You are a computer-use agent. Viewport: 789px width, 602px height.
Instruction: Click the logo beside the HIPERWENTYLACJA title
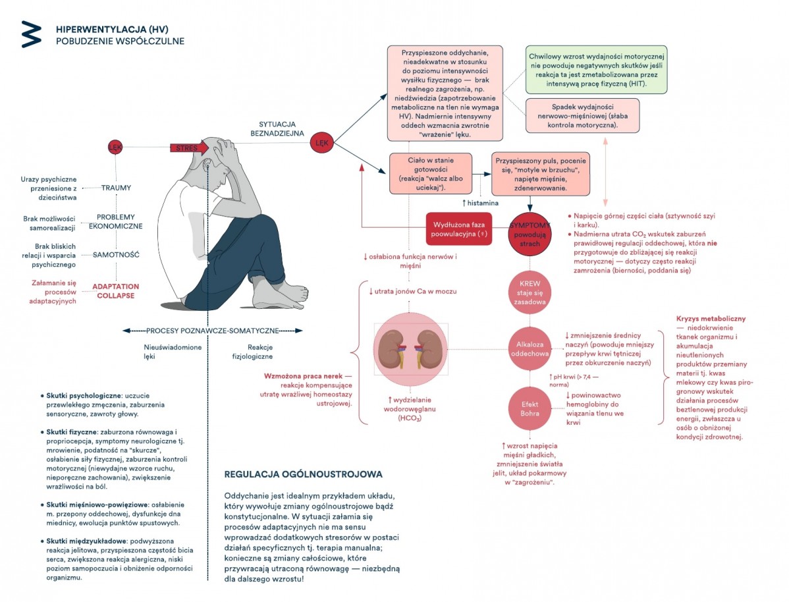(x=31, y=35)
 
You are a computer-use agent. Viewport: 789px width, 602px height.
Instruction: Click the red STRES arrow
(x=189, y=148)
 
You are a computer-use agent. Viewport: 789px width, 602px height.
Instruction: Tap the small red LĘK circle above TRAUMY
(x=115, y=148)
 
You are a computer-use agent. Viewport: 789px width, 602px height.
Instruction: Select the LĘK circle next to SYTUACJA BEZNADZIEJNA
(x=321, y=142)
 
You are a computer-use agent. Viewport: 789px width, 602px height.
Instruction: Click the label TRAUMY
(x=116, y=188)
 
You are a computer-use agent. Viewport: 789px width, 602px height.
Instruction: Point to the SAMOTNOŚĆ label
(x=116, y=255)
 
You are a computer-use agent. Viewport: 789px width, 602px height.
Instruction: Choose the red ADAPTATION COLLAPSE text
(x=115, y=291)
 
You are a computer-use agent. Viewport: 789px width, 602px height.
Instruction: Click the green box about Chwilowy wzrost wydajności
(x=596, y=70)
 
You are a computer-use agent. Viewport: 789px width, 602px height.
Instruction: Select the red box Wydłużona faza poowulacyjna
(x=458, y=229)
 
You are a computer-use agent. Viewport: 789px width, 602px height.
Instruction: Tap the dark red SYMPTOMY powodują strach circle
(x=530, y=234)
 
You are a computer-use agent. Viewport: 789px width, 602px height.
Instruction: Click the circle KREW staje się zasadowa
(x=530, y=292)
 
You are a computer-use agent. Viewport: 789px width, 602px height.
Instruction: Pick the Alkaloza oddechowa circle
(x=530, y=349)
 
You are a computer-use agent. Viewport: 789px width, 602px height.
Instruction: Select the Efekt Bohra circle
(x=530, y=408)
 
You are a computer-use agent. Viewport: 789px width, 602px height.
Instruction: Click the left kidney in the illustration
(x=392, y=349)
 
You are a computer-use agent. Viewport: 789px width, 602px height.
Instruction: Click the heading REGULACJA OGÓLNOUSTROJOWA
(x=303, y=474)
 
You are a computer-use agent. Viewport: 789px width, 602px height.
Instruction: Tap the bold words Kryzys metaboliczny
(x=711, y=319)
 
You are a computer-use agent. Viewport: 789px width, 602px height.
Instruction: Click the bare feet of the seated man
(x=282, y=294)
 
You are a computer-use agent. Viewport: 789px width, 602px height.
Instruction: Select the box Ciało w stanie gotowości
(x=431, y=174)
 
